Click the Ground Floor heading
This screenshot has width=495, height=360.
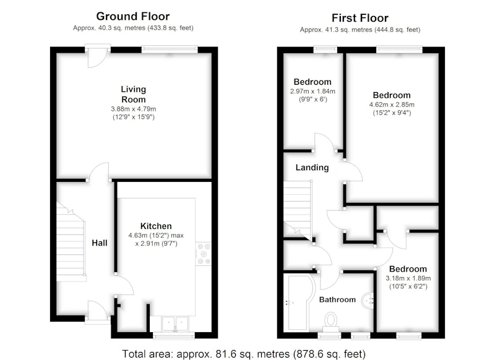(133, 17)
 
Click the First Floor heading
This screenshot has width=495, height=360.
(360, 18)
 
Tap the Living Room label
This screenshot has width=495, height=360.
(134, 95)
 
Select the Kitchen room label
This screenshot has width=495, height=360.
(156, 226)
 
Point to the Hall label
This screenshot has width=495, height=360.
(100, 243)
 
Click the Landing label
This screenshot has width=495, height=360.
(312, 168)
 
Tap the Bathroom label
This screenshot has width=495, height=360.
(337, 299)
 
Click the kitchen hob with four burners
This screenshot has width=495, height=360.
(204, 254)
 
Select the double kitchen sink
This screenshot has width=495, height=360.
(175, 324)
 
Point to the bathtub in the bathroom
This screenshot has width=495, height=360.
(298, 303)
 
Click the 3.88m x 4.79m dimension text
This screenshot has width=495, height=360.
(134, 109)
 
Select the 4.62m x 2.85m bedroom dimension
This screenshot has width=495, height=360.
(392, 105)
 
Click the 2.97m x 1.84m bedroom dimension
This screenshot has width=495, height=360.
(312, 92)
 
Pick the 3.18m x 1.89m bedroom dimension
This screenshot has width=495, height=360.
(408, 278)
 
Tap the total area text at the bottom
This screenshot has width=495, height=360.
(244, 354)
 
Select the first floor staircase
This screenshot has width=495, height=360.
(298, 208)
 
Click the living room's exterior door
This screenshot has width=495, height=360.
(98, 55)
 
